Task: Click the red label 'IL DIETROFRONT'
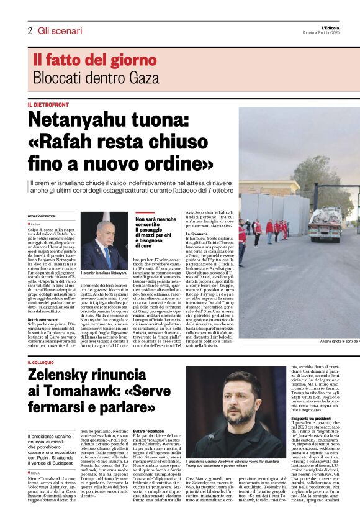[x=48, y=105]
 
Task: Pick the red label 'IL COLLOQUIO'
[x=44, y=362]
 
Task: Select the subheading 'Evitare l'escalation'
[x=149, y=448]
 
